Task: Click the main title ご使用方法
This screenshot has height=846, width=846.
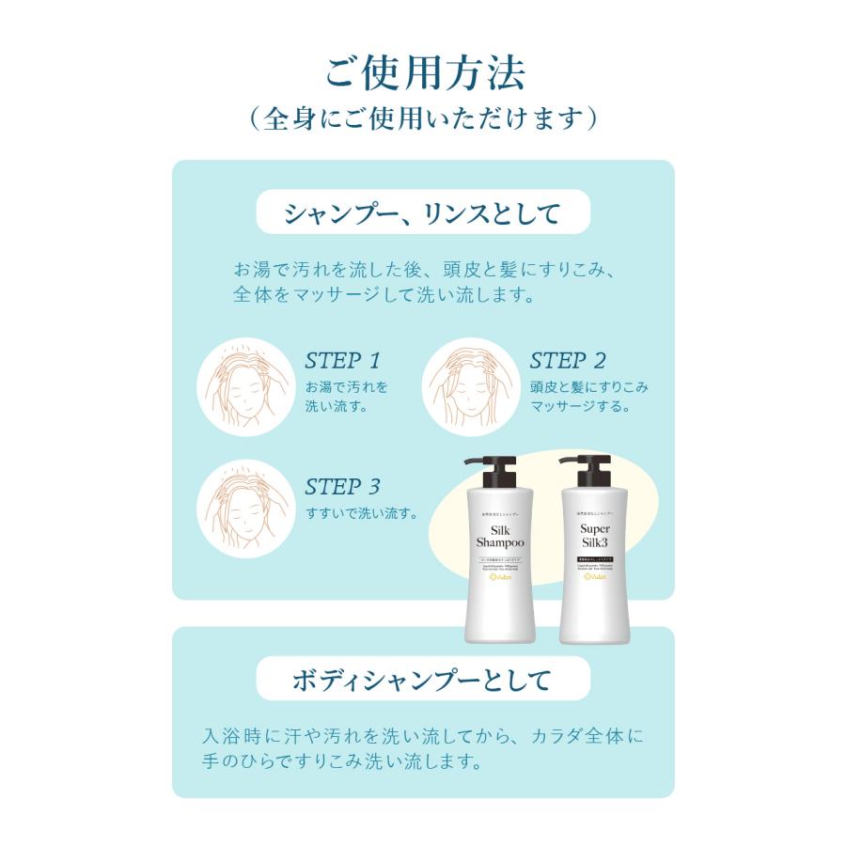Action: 424,73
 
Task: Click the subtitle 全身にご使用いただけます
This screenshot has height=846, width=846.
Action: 423,118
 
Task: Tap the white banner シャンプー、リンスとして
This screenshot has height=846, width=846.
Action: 423,211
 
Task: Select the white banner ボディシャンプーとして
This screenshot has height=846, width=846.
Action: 423,680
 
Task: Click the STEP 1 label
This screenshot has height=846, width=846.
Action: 342,360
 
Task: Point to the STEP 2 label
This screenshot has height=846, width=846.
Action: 568,360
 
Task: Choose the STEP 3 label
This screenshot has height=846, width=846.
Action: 342,487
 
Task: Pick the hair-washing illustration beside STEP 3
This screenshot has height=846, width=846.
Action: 242,512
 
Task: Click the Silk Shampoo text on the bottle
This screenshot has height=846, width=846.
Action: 500,536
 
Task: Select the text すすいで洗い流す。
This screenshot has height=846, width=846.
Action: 362,513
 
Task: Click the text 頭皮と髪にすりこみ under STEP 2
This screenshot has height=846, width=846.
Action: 588,386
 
